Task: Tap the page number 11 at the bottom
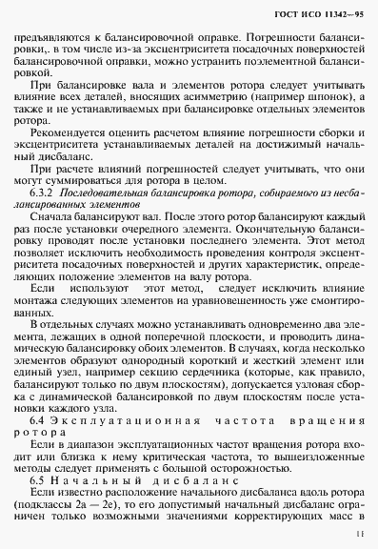click(362, 537)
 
